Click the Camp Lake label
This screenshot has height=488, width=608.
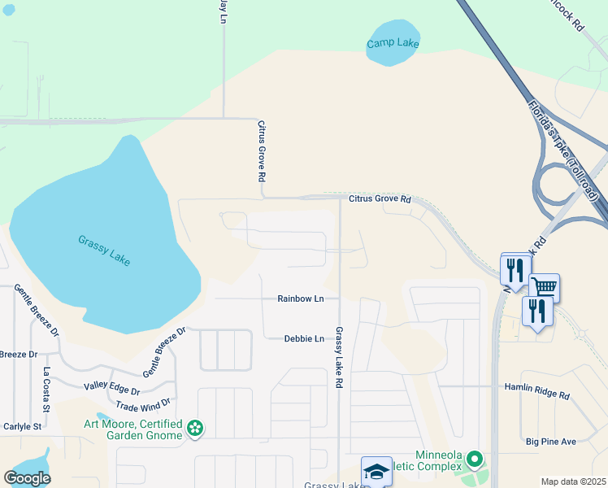pos(393,43)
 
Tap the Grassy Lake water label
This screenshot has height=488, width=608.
pos(104,251)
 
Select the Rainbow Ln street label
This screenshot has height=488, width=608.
pos(300,298)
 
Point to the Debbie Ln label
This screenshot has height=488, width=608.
pos(304,338)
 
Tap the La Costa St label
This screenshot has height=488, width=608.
pos(46,390)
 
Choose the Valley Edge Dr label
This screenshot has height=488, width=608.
pos(112,390)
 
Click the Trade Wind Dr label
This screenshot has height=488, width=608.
pos(143,403)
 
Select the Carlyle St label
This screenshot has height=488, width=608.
pos(21,426)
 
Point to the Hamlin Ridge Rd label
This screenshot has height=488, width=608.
pos(537,392)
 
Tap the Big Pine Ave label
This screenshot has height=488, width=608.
pos(550,442)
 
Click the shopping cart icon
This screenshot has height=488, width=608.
pos(544,287)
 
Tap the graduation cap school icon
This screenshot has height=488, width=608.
pos(376,471)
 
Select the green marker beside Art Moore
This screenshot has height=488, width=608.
pos(195,428)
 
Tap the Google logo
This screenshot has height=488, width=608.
pos(27,478)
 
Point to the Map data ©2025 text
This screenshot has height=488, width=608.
pos(574,481)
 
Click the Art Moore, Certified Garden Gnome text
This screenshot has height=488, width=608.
pos(134,429)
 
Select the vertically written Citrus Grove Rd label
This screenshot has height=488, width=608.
pos(262,151)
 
